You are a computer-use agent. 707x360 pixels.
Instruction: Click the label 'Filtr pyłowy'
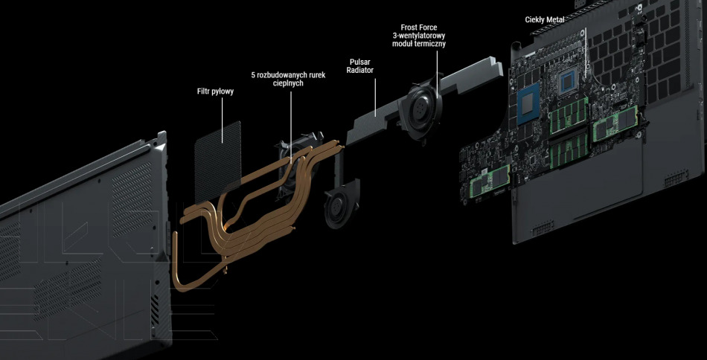click(216, 91)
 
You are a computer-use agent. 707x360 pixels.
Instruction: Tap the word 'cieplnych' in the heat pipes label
click(288, 83)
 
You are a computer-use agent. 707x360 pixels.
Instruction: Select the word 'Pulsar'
click(359, 62)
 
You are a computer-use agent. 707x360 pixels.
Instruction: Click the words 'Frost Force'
click(418, 28)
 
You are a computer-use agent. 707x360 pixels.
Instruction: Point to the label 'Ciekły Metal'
click(545, 19)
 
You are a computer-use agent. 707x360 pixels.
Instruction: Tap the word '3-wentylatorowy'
click(419, 36)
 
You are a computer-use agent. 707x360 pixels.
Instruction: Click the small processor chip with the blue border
click(568, 83)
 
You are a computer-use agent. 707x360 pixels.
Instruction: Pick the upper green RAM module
click(569, 115)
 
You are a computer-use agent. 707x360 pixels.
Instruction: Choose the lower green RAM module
click(569, 151)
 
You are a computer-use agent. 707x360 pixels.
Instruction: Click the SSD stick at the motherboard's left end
click(490, 180)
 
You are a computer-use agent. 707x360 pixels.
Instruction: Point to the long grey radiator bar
click(424, 101)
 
